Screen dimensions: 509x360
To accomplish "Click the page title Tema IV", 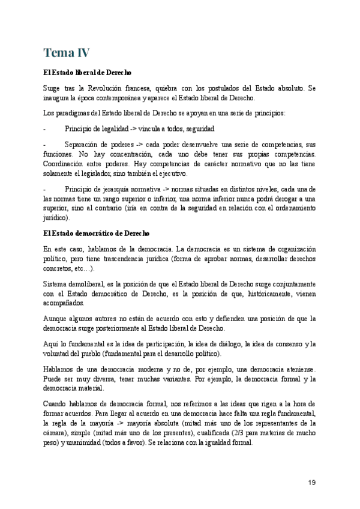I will (67, 53).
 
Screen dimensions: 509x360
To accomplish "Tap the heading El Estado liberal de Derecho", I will (88, 73).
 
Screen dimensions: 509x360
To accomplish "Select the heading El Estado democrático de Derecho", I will (96, 233).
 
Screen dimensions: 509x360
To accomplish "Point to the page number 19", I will (311, 483).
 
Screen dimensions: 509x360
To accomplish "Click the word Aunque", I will (56, 318).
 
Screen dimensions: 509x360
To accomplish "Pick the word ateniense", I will (296, 369).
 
